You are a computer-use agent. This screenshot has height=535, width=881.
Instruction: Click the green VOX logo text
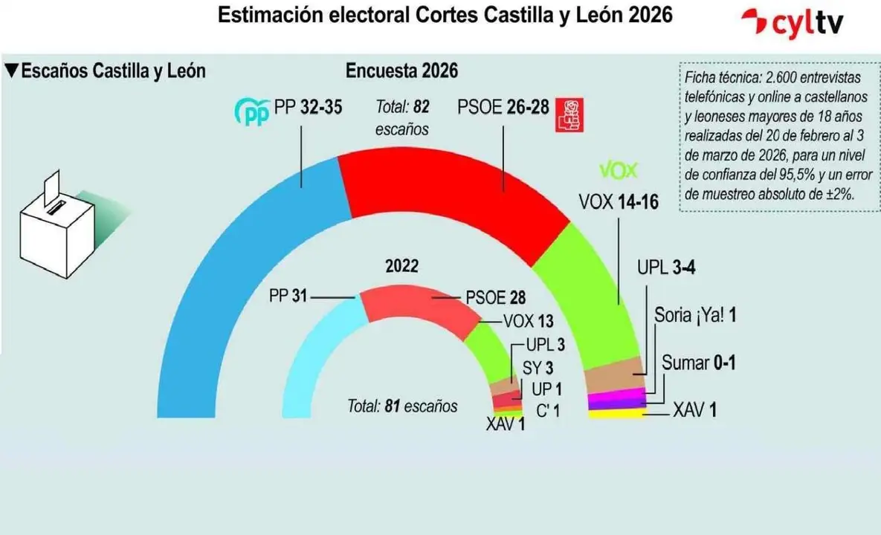point(619,171)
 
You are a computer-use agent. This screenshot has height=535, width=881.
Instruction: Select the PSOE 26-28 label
point(503,108)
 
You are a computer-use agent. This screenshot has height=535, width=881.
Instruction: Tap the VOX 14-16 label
point(618,201)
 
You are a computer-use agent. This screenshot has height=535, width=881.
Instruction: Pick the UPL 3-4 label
point(665,268)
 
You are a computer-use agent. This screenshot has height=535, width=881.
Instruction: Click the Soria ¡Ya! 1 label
point(695,315)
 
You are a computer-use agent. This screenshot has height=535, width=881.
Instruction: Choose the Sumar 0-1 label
point(699,363)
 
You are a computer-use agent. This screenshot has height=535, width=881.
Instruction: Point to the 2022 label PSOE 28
point(495,297)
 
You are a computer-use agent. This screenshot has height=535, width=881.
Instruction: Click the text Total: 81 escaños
point(402,406)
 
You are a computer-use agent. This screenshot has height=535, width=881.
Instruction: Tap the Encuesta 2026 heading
point(401,71)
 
